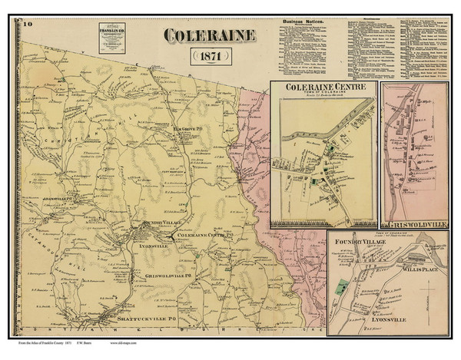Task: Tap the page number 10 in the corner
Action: tap(28, 25)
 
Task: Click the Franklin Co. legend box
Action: tap(113, 38)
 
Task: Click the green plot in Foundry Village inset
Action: tap(343, 289)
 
